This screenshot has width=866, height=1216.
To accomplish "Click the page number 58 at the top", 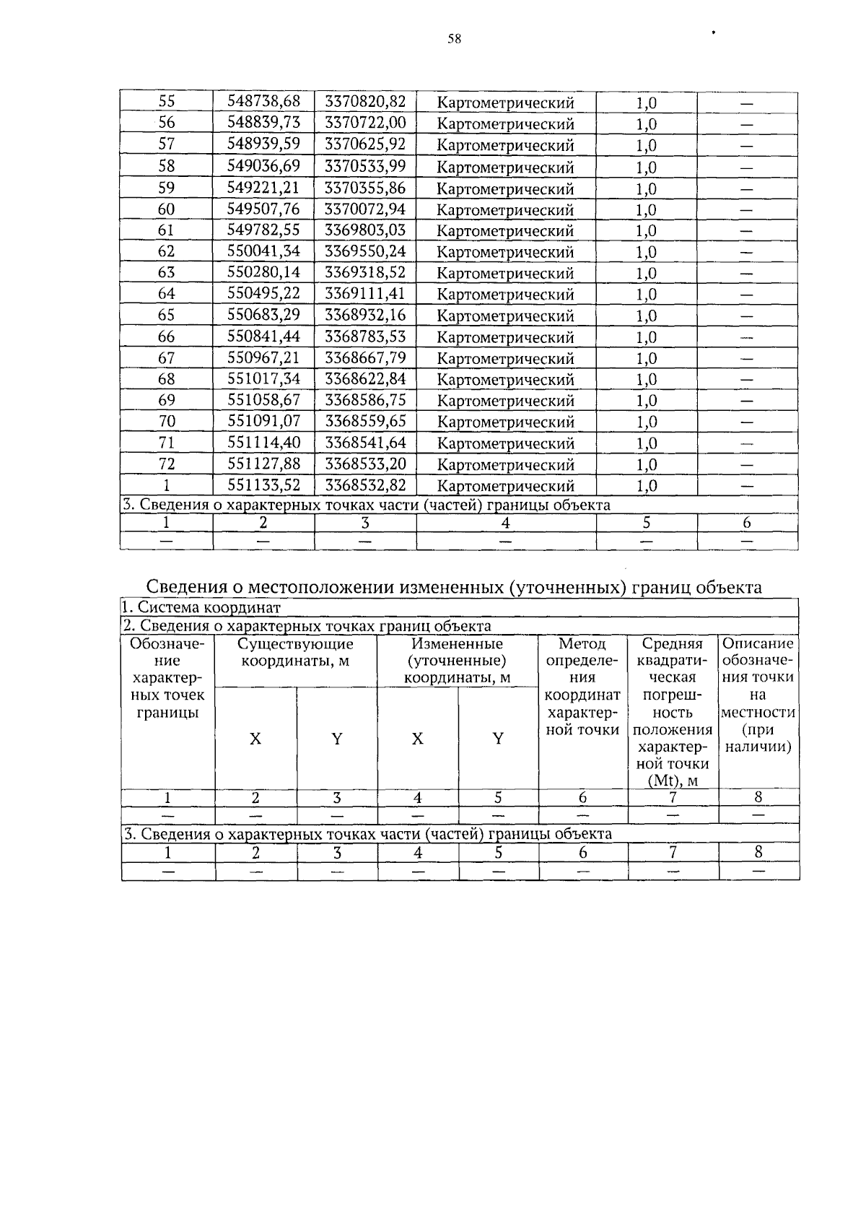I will pos(454,40).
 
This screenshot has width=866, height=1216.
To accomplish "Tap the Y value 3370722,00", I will pos(365,123).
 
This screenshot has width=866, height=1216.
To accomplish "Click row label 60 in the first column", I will pos(166,209).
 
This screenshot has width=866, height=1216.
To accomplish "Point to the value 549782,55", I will pos(263,230).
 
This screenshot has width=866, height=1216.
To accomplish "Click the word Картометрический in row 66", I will pos(505,337).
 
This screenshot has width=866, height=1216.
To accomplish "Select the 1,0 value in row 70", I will pos(646,422).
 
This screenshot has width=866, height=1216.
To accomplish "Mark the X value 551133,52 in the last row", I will pos(263,485).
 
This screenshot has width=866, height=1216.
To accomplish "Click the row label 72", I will pos(166,464).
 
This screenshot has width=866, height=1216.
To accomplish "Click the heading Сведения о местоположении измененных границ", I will pos(454,587).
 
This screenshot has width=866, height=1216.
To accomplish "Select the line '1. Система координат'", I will pos(201,608).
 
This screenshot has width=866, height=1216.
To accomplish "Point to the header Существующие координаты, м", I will pos(295,652).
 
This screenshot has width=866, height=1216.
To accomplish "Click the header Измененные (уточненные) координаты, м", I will pos(457,660).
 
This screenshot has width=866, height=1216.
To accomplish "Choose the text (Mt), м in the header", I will pos(673,780).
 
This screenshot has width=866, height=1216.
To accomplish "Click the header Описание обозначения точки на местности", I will pos(758,695).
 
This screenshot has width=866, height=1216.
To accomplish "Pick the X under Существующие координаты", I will pos(255,739).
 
